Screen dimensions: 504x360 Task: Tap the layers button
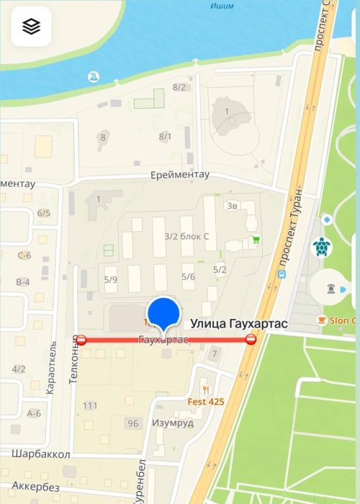click(31, 27)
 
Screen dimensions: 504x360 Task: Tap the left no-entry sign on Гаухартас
click(81, 339)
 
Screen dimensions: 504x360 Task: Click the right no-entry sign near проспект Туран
click(251, 339)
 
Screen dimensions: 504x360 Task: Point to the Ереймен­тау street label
click(180, 175)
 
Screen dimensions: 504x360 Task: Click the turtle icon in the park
click(322, 247)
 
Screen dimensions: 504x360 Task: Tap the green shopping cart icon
click(255, 240)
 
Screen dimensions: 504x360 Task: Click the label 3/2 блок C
click(186, 235)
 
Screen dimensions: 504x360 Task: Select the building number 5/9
click(110, 279)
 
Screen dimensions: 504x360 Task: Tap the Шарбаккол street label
click(41, 454)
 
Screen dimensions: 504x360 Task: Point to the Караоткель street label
click(50, 372)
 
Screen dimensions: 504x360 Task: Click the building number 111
click(89, 406)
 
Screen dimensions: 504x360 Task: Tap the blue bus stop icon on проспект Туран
click(282, 274)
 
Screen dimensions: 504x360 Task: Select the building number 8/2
click(179, 87)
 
